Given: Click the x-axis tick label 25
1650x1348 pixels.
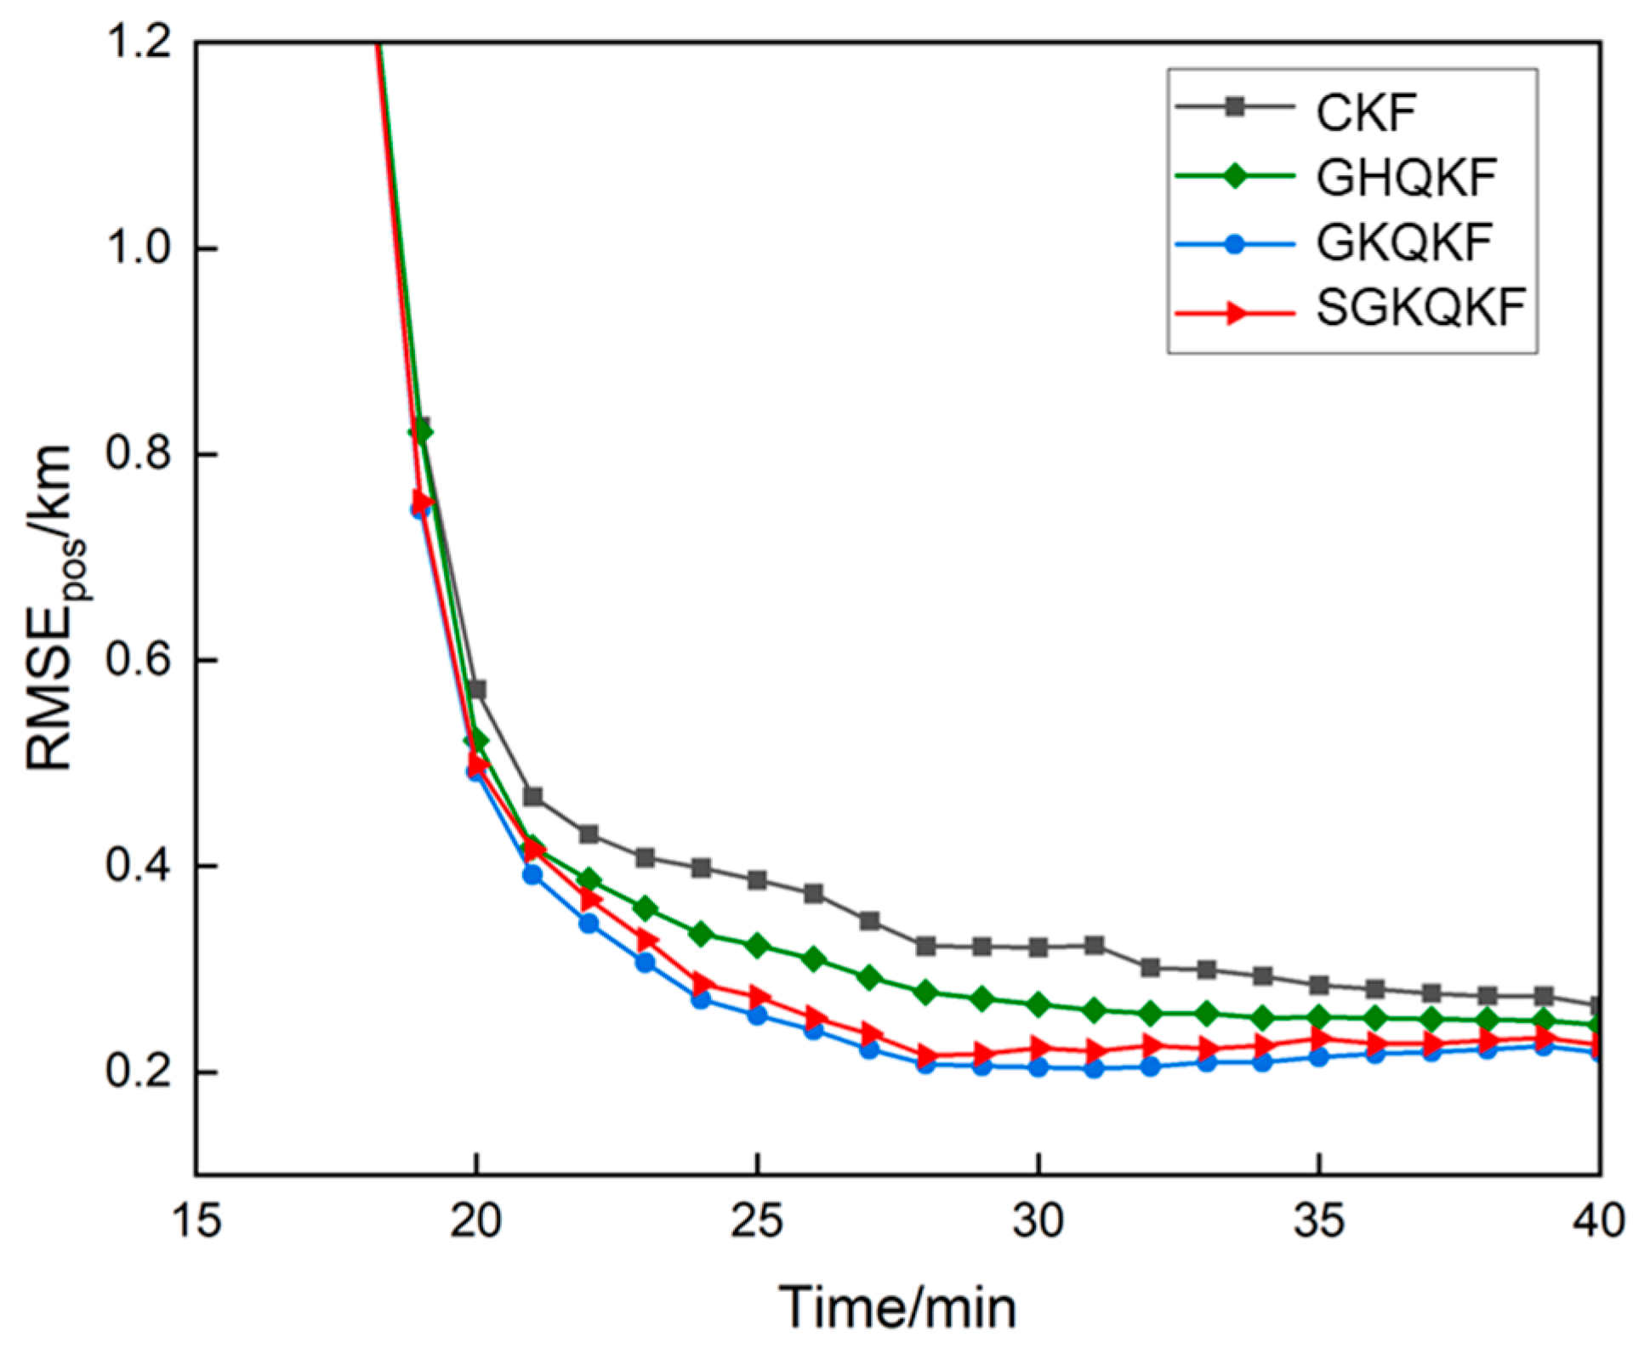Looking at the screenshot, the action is click(x=757, y=1221).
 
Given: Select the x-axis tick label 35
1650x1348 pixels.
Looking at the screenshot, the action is click(x=1319, y=1221).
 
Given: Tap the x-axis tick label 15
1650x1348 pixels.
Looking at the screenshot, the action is click(x=196, y=1221).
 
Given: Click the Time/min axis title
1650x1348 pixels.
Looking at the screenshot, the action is click(x=898, y=1307).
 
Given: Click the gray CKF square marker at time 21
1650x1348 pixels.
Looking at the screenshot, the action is click(x=533, y=797).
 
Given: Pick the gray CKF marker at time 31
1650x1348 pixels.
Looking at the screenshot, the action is click(x=1095, y=945).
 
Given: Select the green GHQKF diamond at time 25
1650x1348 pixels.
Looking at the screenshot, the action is click(x=757, y=946).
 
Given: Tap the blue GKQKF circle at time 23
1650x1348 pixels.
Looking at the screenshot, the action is click(x=645, y=962).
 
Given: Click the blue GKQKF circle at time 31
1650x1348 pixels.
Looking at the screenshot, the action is click(x=1095, y=1068).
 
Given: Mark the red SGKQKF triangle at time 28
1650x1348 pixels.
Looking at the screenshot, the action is click(x=927, y=1057).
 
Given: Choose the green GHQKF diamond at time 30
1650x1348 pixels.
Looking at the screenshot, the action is click(x=1038, y=1004).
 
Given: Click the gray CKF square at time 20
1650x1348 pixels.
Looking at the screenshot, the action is click(x=477, y=689).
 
